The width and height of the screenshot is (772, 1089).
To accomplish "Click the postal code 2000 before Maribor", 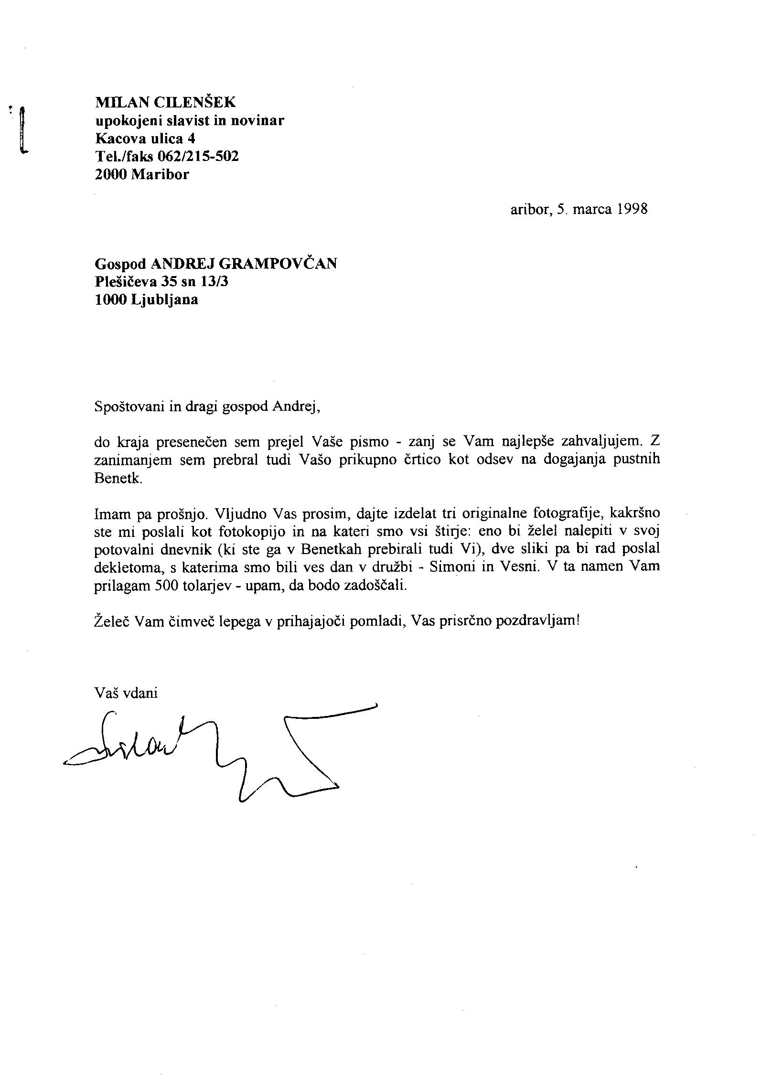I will click(112, 174).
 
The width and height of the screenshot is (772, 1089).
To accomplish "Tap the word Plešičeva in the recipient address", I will click(126, 281).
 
